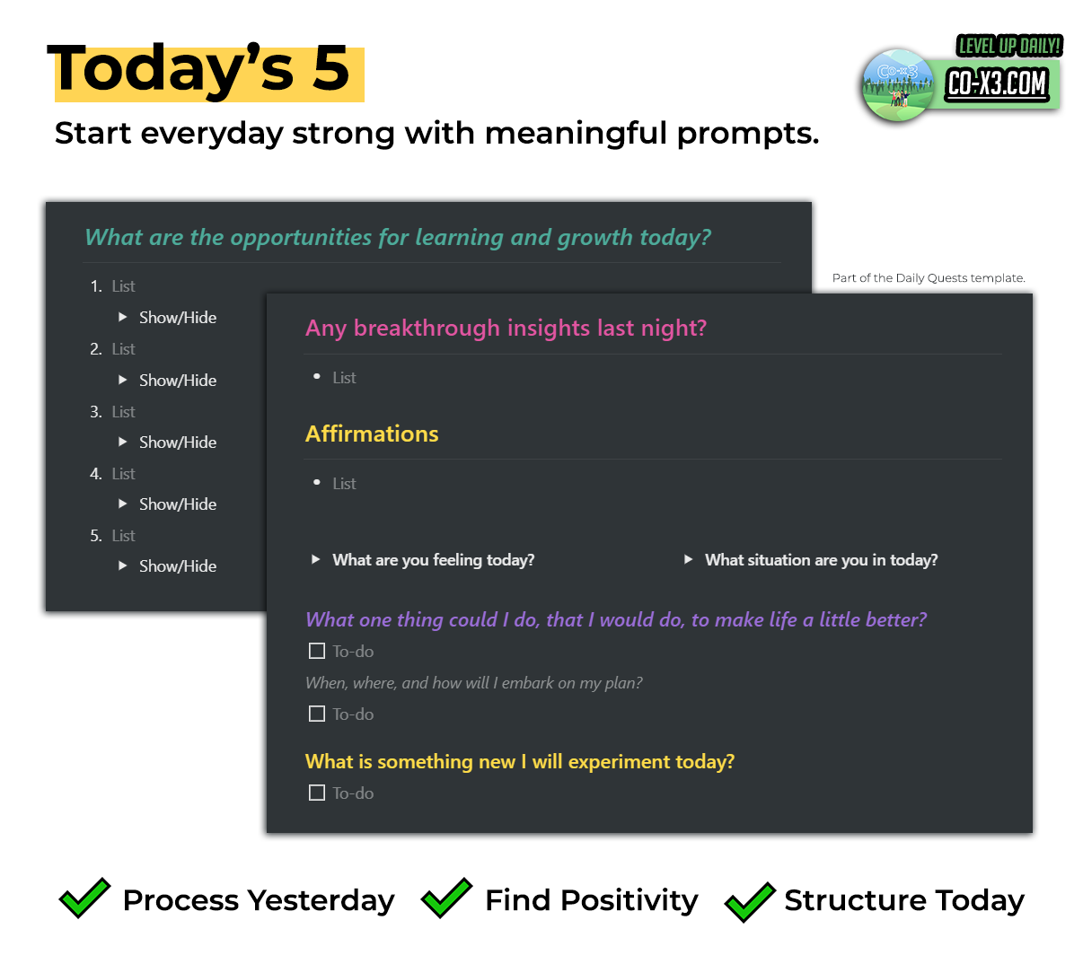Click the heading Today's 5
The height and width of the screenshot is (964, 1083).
[x=198, y=68]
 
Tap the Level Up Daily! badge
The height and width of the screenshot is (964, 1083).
[x=1008, y=46]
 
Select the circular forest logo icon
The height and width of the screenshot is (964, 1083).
[x=897, y=84]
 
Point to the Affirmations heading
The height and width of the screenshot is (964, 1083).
[x=372, y=434]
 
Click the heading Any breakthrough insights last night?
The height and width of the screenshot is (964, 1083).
[x=506, y=328]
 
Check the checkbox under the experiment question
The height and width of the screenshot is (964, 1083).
[x=316, y=793]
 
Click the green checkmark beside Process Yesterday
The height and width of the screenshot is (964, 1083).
[x=84, y=898]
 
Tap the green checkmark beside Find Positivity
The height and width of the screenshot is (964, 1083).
[x=446, y=898]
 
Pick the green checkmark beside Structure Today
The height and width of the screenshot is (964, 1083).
[x=750, y=902]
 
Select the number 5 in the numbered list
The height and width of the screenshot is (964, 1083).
[x=96, y=536]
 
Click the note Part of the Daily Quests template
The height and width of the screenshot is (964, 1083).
[x=929, y=278]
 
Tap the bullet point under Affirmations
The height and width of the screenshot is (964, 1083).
[x=316, y=483]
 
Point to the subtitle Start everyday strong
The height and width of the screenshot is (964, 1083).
[x=436, y=134]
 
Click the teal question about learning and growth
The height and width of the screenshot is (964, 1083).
[x=398, y=237]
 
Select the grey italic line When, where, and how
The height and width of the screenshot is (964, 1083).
[x=473, y=683]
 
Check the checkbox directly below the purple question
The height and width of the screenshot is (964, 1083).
[x=316, y=651]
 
